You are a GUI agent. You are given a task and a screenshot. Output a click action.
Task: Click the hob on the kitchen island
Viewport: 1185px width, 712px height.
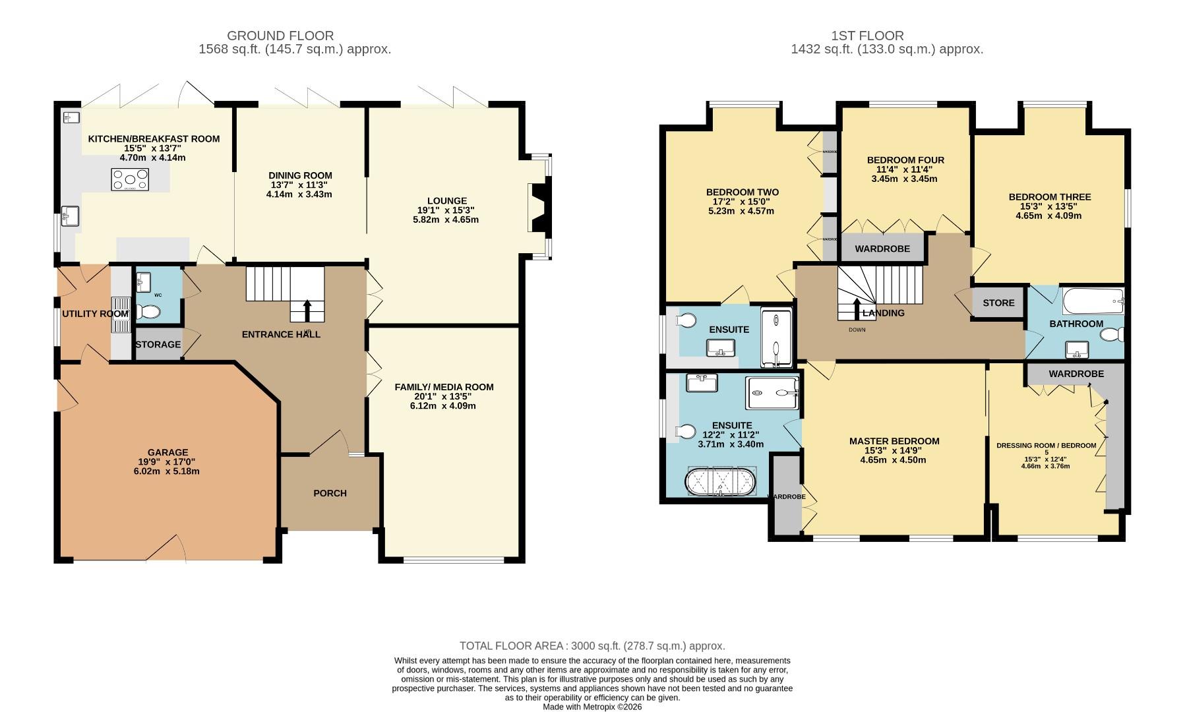(130, 179)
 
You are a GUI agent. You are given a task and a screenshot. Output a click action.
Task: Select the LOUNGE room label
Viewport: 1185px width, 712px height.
(446, 201)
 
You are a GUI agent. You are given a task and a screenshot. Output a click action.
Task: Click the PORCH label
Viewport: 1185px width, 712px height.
(330, 493)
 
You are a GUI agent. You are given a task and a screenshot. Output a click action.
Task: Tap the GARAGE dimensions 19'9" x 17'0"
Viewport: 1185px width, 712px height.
(167, 462)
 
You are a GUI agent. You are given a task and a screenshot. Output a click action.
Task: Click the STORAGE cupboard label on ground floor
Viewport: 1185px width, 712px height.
(158, 345)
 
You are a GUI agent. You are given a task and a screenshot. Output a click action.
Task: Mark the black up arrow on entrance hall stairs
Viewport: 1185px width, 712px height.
(307, 310)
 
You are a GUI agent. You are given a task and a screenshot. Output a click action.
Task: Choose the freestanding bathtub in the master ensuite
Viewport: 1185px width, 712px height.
(723, 481)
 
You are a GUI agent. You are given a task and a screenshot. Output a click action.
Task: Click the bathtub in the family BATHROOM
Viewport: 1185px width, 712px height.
(1093, 302)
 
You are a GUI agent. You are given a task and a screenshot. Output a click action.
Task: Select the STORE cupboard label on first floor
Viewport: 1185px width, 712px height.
(998, 303)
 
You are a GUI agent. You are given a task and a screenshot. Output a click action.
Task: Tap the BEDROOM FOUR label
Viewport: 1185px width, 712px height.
(905, 160)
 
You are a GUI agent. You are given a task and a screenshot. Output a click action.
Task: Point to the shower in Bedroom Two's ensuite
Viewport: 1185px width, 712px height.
(776, 338)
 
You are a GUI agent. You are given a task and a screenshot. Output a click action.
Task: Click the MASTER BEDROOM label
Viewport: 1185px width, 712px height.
(894, 441)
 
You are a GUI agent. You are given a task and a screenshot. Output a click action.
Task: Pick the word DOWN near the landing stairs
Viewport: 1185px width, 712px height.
(857, 330)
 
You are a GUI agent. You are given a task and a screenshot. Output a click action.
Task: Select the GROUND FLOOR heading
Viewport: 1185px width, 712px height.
(280, 36)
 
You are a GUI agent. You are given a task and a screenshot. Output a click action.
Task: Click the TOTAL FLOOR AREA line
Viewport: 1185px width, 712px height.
(592, 646)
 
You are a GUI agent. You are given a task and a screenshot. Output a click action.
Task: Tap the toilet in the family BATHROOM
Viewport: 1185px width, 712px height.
(1112, 336)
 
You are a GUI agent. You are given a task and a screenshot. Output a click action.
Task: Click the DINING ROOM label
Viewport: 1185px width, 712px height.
(300, 175)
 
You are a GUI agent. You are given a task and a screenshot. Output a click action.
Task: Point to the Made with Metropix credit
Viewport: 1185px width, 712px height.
(592, 707)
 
